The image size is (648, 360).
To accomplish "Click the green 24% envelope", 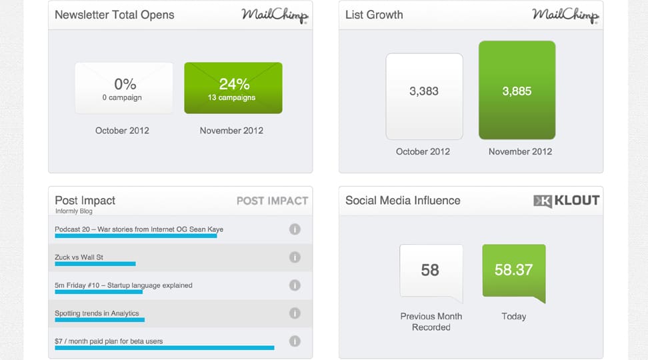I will [x=233, y=88].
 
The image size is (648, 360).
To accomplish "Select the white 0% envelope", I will [x=124, y=88].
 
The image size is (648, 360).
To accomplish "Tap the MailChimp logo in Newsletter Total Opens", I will [x=275, y=15].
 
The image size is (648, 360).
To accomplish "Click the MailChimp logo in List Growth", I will [x=565, y=15].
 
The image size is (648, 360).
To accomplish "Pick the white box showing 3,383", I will [x=424, y=96].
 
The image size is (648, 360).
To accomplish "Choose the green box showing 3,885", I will [x=517, y=90].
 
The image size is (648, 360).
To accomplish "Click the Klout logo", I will [x=566, y=201].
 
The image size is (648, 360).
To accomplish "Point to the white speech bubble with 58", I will [x=431, y=270].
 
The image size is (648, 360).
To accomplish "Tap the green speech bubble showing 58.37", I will [x=513, y=270].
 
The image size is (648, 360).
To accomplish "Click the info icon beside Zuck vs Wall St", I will [x=295, y=257].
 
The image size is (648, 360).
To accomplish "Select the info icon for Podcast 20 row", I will [x=295, y=229].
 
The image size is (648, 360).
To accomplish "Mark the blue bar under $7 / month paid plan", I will [x=164, y=347].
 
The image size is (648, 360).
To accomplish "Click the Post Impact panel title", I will [x=85, y=200].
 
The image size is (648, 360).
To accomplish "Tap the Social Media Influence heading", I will [x=403, y=200].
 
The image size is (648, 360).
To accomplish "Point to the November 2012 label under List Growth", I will [x=520, y=151].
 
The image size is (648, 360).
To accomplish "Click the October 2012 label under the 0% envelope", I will [x=122, y=131].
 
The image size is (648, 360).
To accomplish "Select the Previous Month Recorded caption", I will [x=431, y=321].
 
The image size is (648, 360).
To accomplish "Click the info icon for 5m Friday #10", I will [x=295, y=285].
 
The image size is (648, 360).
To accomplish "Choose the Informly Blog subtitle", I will [x=73, y=211].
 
